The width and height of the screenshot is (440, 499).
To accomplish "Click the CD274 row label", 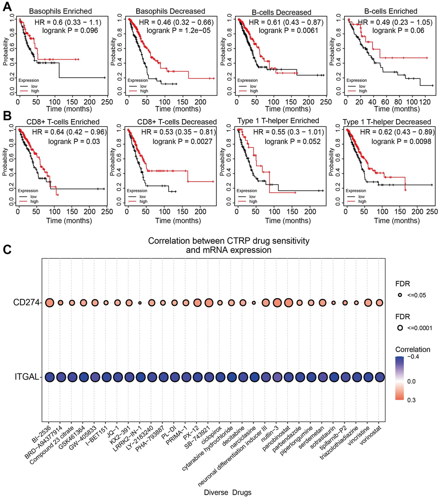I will [28, 303].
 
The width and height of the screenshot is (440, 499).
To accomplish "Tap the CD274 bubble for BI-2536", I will [49, 303].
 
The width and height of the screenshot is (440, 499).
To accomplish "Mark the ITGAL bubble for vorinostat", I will [380, 377].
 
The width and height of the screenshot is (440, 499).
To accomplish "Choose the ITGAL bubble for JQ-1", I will [117, 377].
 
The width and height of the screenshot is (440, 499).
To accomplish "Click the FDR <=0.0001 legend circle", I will [400, 328].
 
